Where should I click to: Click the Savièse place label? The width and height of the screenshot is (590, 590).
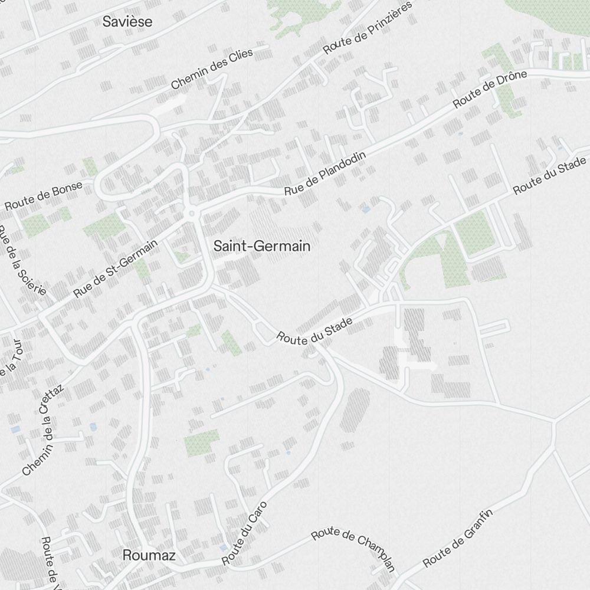(127, 22)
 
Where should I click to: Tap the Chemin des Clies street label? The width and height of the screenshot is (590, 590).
(212, 69)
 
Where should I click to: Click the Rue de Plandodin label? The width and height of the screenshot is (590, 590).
(325, 173)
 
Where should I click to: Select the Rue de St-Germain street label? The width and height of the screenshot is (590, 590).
(116, 268)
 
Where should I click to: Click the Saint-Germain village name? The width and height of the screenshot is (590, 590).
(262, 246)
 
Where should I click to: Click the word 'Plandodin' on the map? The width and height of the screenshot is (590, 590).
(343, 165)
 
